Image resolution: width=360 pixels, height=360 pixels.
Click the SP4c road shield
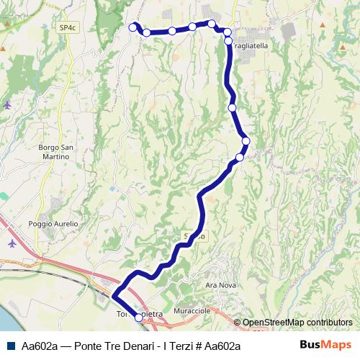pyautogui.click(x=68, y=27)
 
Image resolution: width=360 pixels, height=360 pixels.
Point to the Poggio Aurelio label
pyautogui.click(x=53, y=224)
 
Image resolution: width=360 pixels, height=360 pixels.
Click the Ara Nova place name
pyautogui.click(x=220, y=285)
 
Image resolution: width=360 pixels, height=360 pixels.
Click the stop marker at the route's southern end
pyautogui.click(x=138, y=317)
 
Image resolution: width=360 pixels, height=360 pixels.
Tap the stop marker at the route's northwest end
pyautogui.click(x=132, y=27)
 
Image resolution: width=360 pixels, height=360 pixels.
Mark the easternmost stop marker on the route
pyautogui.click(x=246, y=141)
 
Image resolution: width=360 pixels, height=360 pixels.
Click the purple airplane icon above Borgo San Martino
pyautogui.click(x=7, y=105)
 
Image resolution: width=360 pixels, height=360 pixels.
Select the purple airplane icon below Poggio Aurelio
pyautogui.click(x=12, y=243)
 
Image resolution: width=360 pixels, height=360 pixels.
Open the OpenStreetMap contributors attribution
pyautogui.click(x=297, y=323)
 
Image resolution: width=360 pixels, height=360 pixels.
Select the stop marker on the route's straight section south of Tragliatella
pyautogui.click(x=232, y=107)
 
